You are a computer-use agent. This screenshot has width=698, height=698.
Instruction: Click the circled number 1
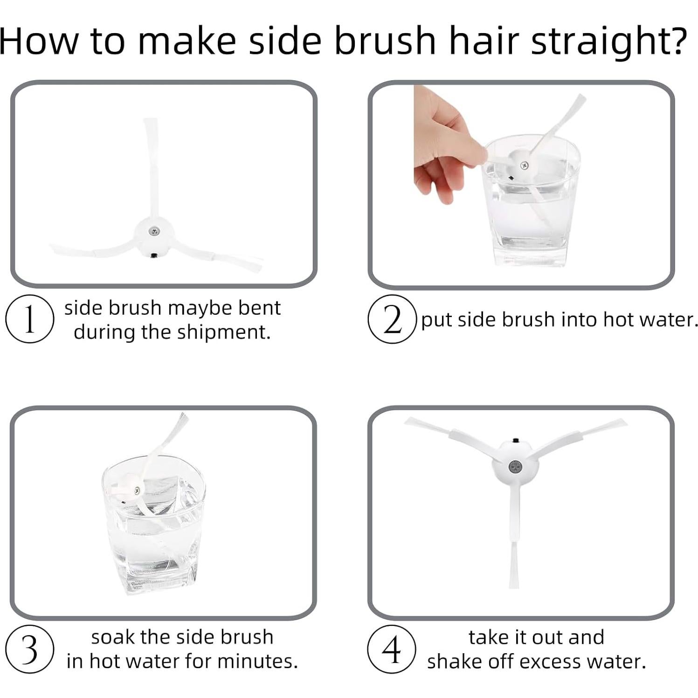click(29, 319)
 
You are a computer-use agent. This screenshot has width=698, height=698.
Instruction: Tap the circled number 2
click(392, 319)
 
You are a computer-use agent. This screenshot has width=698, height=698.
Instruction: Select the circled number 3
click(29, 649)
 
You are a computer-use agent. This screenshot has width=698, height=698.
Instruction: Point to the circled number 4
click(391, 649)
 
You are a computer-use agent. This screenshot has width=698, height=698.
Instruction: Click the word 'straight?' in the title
click(609, 41)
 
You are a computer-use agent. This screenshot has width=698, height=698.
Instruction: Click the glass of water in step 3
click(154, 525)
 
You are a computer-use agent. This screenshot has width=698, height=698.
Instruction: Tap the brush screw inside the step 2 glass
click(524, 166)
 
